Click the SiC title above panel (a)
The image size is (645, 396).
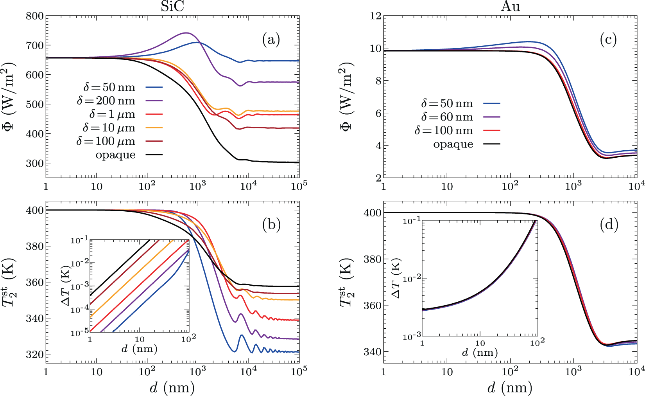172,6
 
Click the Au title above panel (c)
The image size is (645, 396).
510,6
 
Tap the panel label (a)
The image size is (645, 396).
271,40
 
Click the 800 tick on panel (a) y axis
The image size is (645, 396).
34,16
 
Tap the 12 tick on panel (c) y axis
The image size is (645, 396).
375,16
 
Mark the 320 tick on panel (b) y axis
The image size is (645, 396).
34,354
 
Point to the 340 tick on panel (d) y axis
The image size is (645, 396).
372,352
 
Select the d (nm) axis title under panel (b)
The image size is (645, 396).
172,387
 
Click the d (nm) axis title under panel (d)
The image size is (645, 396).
510,387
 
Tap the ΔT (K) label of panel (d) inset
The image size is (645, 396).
396,278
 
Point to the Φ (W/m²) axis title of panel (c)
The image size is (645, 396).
346,96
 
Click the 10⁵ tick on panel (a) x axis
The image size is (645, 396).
299,185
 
